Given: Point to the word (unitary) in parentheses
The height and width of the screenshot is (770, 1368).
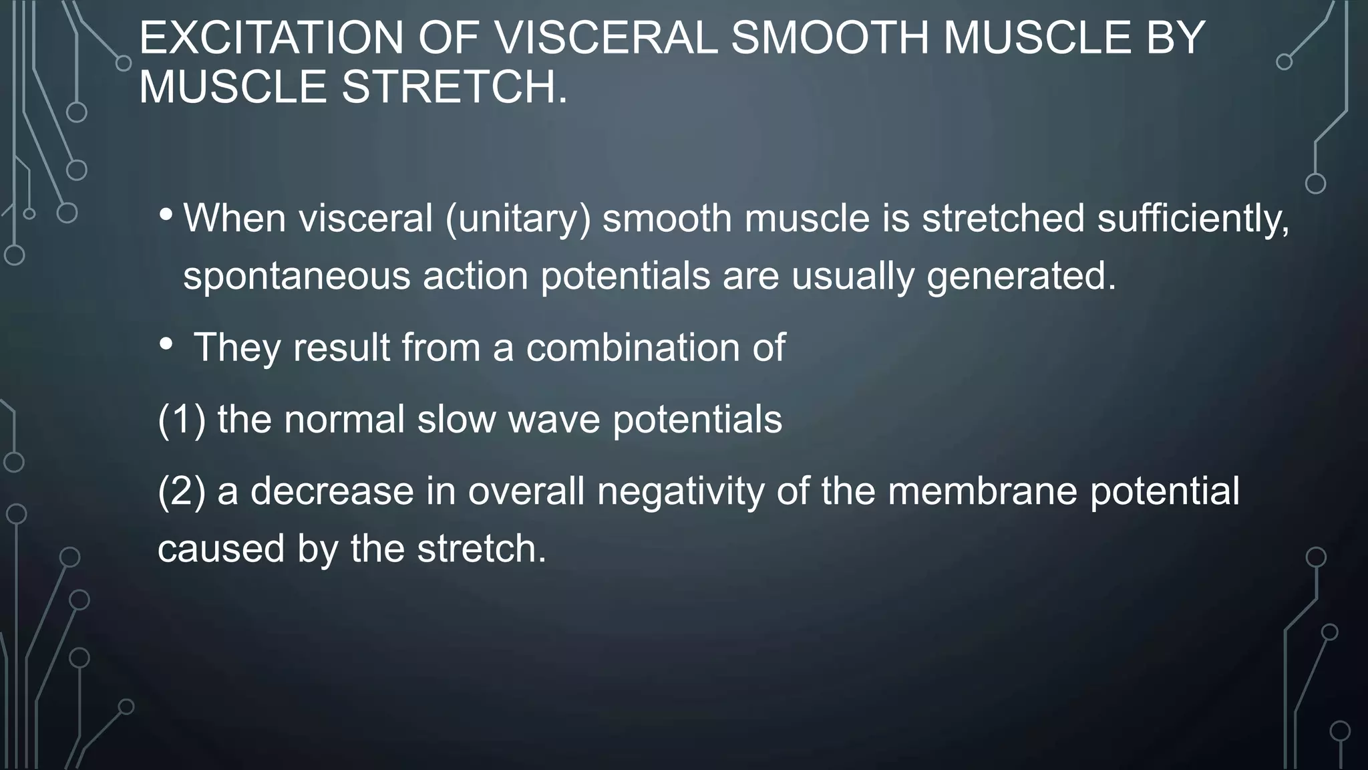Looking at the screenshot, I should pyautogui.click(x=518, y=219).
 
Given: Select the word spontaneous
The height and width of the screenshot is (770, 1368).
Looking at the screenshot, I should pyautogui.click(x=297, y=275).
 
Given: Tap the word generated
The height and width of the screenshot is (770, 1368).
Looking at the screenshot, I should pyautogui.click(x=1021, y=275).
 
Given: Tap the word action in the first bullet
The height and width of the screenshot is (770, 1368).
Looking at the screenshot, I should pyautogui.click(x=476, y=275).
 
